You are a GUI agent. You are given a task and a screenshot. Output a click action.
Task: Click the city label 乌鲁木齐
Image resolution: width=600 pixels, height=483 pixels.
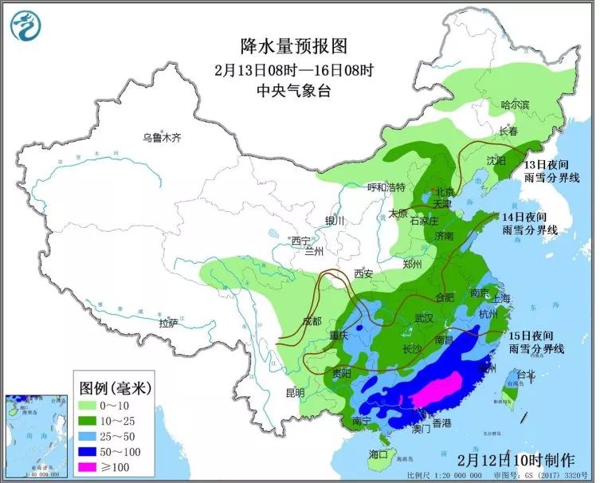162,137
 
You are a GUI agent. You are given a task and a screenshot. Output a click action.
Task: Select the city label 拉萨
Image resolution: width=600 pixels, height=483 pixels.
168,323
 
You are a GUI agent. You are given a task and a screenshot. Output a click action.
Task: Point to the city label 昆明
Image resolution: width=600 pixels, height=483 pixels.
294,393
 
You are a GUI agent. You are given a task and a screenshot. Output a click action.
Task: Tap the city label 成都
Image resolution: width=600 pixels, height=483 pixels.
312,321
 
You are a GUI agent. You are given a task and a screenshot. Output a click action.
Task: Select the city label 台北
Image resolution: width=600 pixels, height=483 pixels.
527,373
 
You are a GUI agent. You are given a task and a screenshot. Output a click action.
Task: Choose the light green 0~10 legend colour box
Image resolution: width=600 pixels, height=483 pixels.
89,404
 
